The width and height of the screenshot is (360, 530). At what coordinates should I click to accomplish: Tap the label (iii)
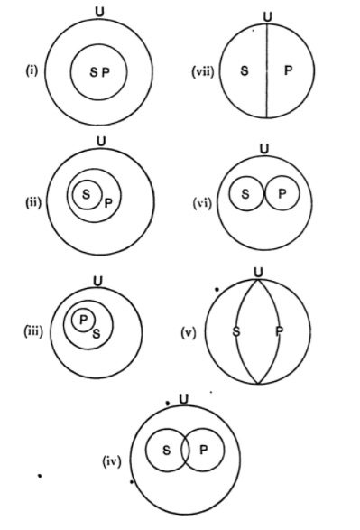click(x=33, y=331)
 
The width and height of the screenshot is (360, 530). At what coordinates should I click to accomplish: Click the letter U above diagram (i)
click(x=100, y=12)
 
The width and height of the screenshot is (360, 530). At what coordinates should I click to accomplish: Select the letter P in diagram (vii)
click(x=287, y=70)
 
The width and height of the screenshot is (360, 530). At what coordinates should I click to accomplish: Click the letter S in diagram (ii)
click(x=86, y=193)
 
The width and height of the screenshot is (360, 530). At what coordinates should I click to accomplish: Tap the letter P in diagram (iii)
click(x=82, y=319)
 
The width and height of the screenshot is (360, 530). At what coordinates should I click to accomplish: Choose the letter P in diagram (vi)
click(x=282, y=193)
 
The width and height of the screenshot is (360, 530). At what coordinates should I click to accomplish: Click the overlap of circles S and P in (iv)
click(x=185, y=450)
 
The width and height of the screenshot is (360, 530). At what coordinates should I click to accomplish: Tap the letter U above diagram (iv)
click(x=183, y=398)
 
